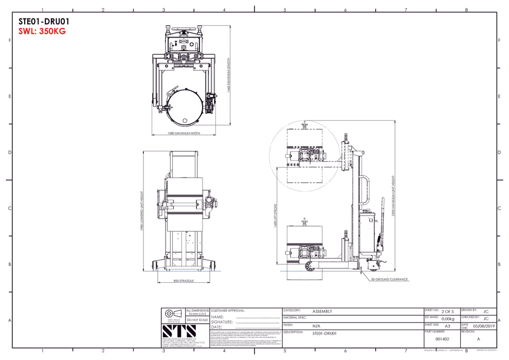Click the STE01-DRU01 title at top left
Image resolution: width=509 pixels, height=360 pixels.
(44, 22)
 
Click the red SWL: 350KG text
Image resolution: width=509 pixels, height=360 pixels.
(42, 31)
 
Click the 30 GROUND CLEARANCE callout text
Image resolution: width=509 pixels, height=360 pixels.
(389, 280)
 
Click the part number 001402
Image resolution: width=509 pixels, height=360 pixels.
(442, 339)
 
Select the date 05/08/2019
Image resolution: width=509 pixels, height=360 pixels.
(484, 326)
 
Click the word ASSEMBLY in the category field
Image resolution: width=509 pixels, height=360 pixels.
(322, 312)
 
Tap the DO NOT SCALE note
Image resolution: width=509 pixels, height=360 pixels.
(197, 319)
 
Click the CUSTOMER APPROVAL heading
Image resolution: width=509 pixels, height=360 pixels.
(228, 311)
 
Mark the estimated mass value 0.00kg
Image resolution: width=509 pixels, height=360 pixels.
(448, 319)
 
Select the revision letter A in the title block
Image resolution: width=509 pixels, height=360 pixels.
(479, 339)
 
